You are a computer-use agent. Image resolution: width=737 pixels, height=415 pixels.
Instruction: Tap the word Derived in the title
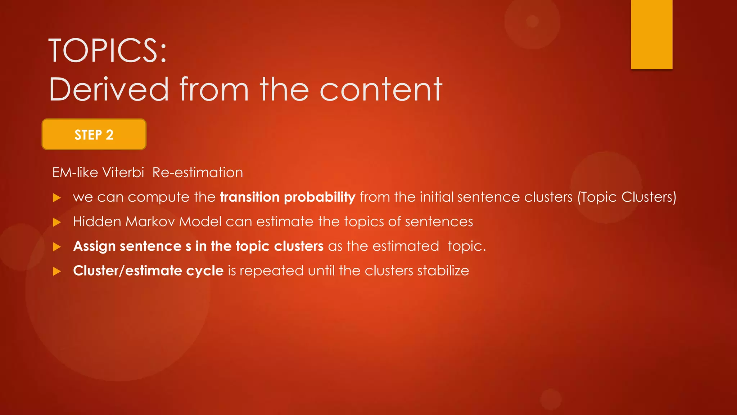(x=109, y=89)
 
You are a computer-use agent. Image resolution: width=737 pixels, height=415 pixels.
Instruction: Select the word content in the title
(x=381, y=89)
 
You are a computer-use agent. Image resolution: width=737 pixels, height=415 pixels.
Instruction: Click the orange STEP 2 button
(x=94, y=134)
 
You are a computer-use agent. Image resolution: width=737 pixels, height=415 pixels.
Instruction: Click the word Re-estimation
(x=198, y=173)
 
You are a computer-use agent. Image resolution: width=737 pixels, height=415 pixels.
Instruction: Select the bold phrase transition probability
(x=288, y=197)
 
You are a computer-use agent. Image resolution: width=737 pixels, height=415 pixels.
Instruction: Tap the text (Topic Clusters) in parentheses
(x=627, y=197)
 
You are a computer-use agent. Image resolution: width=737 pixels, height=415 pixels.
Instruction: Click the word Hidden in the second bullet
(x=97, y=222)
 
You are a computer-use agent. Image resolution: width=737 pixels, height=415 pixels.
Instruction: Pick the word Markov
(x=150, y=222)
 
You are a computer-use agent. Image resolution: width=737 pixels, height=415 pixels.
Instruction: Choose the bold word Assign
(x=94, y=246)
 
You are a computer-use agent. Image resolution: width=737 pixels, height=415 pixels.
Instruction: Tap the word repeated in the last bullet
(x=272, y=271)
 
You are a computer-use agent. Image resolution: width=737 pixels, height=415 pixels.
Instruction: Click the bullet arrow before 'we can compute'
(x=57, y=197)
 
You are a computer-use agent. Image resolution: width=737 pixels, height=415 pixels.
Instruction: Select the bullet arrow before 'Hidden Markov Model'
(x=57, y=222)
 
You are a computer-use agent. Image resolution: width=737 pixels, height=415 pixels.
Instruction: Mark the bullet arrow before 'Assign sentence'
(x=57, y=247)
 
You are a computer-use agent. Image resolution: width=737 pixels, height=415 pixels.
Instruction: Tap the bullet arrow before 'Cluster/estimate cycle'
(x=57, y=271)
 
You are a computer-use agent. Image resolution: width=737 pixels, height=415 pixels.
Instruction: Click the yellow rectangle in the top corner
(x=651, y=34)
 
